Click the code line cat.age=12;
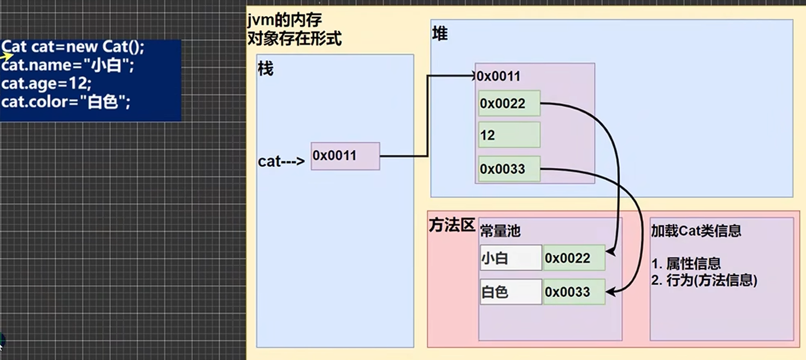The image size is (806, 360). coord(46,84)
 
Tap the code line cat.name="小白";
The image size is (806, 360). coord(68,66)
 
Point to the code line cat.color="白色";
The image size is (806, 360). coord(66,102)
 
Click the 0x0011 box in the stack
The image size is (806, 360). coord(345,156)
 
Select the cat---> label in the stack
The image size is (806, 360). coord(281,162)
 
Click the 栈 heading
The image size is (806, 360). coord(266,70)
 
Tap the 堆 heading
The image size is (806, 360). coord(439,34)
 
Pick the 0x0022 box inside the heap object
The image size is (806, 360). coord(509,103)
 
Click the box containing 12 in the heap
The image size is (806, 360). coord(509,135)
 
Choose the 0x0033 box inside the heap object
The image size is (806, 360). coord(509,169)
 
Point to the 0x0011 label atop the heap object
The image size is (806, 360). coord(498,76)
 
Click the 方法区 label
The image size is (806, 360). coord(452,226)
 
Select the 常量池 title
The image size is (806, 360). coord(500,231)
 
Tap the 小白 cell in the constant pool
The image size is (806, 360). coord(510,258)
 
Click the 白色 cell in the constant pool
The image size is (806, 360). coord(510,292)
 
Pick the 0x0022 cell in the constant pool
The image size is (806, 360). coord(574,258)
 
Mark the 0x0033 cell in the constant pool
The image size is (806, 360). coord(574,292)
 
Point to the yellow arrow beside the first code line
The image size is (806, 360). coord(7,55)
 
